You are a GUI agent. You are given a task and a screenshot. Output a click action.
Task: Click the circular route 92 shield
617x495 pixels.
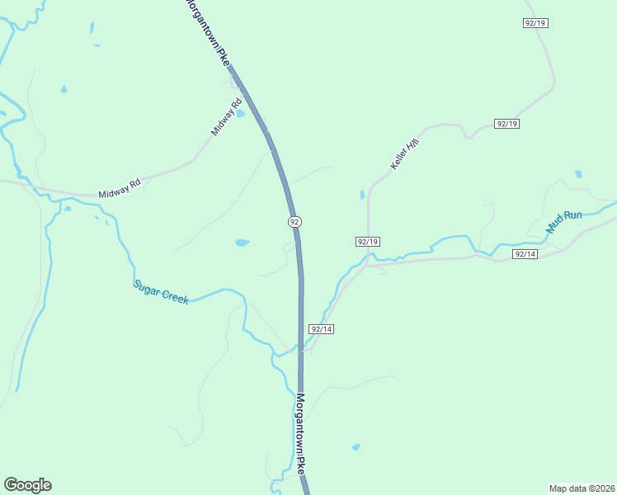click(294, 221)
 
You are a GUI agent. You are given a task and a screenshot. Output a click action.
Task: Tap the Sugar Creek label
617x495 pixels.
click(161, 292)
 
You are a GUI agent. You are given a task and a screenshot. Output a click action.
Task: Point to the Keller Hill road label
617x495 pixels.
click(405, 155)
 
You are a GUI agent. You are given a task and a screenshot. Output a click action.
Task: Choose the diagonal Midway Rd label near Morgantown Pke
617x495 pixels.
click(224, 116)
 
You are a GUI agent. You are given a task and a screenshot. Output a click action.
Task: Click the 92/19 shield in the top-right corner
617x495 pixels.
click(535, 23)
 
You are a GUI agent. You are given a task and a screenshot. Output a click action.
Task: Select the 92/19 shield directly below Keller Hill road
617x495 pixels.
click(368, 241)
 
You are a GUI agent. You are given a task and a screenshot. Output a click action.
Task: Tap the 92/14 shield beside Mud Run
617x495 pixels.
click(525, 254)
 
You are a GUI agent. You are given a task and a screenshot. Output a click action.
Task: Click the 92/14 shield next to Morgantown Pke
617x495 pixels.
click(321, 328)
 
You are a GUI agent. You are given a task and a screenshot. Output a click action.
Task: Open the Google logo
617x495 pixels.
click(27, 485)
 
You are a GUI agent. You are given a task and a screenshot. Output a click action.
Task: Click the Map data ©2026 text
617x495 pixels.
click(582, 488)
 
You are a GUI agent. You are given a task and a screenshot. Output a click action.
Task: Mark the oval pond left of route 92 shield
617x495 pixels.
click(242, 243)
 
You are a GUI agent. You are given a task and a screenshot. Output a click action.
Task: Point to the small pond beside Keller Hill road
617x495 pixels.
click(361, 195)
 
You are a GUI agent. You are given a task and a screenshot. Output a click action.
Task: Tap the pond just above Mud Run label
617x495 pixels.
click(578, 175)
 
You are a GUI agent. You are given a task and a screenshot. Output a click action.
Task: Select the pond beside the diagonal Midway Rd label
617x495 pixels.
click(240, 114)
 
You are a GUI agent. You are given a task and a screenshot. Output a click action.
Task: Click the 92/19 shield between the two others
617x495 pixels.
click(506, 124)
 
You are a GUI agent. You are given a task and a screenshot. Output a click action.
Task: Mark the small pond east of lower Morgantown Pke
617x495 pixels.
click(356, 447)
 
